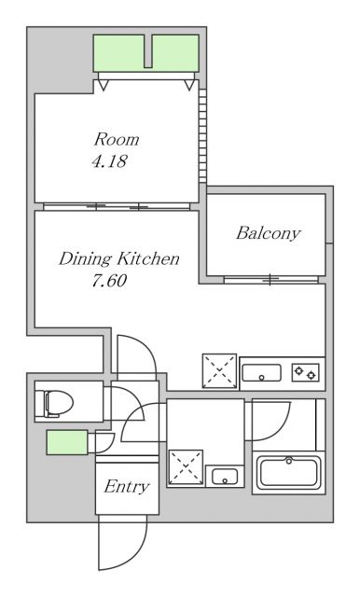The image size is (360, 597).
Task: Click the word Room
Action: pos(117,140)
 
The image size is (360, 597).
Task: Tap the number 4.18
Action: pos(109,161)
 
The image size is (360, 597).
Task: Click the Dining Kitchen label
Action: pos(118,259)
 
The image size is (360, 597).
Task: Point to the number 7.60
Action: pos(109,281)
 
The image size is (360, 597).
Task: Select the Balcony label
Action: pos(269,233)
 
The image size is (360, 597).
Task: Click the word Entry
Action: pos(126,487)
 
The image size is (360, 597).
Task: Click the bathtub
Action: pos(289,473)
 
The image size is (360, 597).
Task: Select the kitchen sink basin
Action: pos(261,373)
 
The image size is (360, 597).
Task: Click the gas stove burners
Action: pos(306,373)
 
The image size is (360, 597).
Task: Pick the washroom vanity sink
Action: pos(225,477)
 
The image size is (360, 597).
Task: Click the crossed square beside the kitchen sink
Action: pos(219,371)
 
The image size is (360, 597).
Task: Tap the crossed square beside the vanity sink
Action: pos(186,466)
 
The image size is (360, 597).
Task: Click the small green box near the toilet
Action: pos(67,442)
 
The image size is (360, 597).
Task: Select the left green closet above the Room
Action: pos(118,53)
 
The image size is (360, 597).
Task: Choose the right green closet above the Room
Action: pos(175,53)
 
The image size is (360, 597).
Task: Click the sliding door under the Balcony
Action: pos(271,280)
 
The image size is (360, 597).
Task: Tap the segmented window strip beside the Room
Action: pos(202,135)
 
